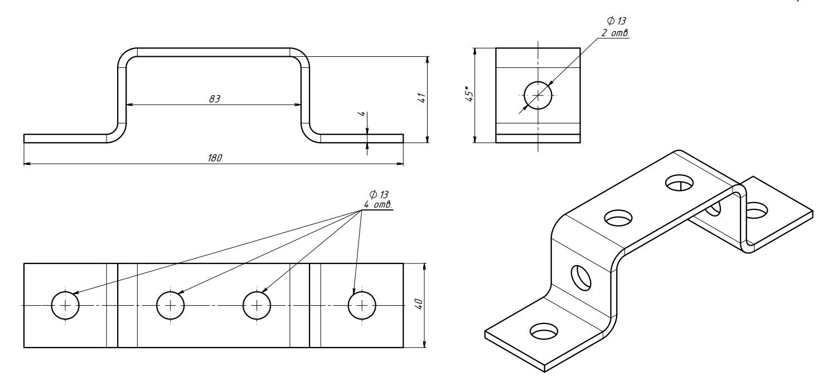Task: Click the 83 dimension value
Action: (x=215, y=99)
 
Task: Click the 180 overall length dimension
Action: (x=215, y=158)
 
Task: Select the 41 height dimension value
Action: (x=422, y=98)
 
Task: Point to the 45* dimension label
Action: (x=470, y=94)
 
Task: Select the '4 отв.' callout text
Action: (x=378, y=205)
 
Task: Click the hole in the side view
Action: (x=538, y=95)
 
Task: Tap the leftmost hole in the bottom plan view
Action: (x=65, y=305)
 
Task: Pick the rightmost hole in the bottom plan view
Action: (x=362, y=305)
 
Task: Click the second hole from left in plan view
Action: (x=170, y=305)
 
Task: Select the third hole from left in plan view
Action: (x=257, y=305)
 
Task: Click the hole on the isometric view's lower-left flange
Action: (x=544, y=331)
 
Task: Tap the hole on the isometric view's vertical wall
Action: (x=581, y=277)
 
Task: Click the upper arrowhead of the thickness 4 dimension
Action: (x=367, y=131)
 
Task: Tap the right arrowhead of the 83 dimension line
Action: (x=298, y=104)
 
